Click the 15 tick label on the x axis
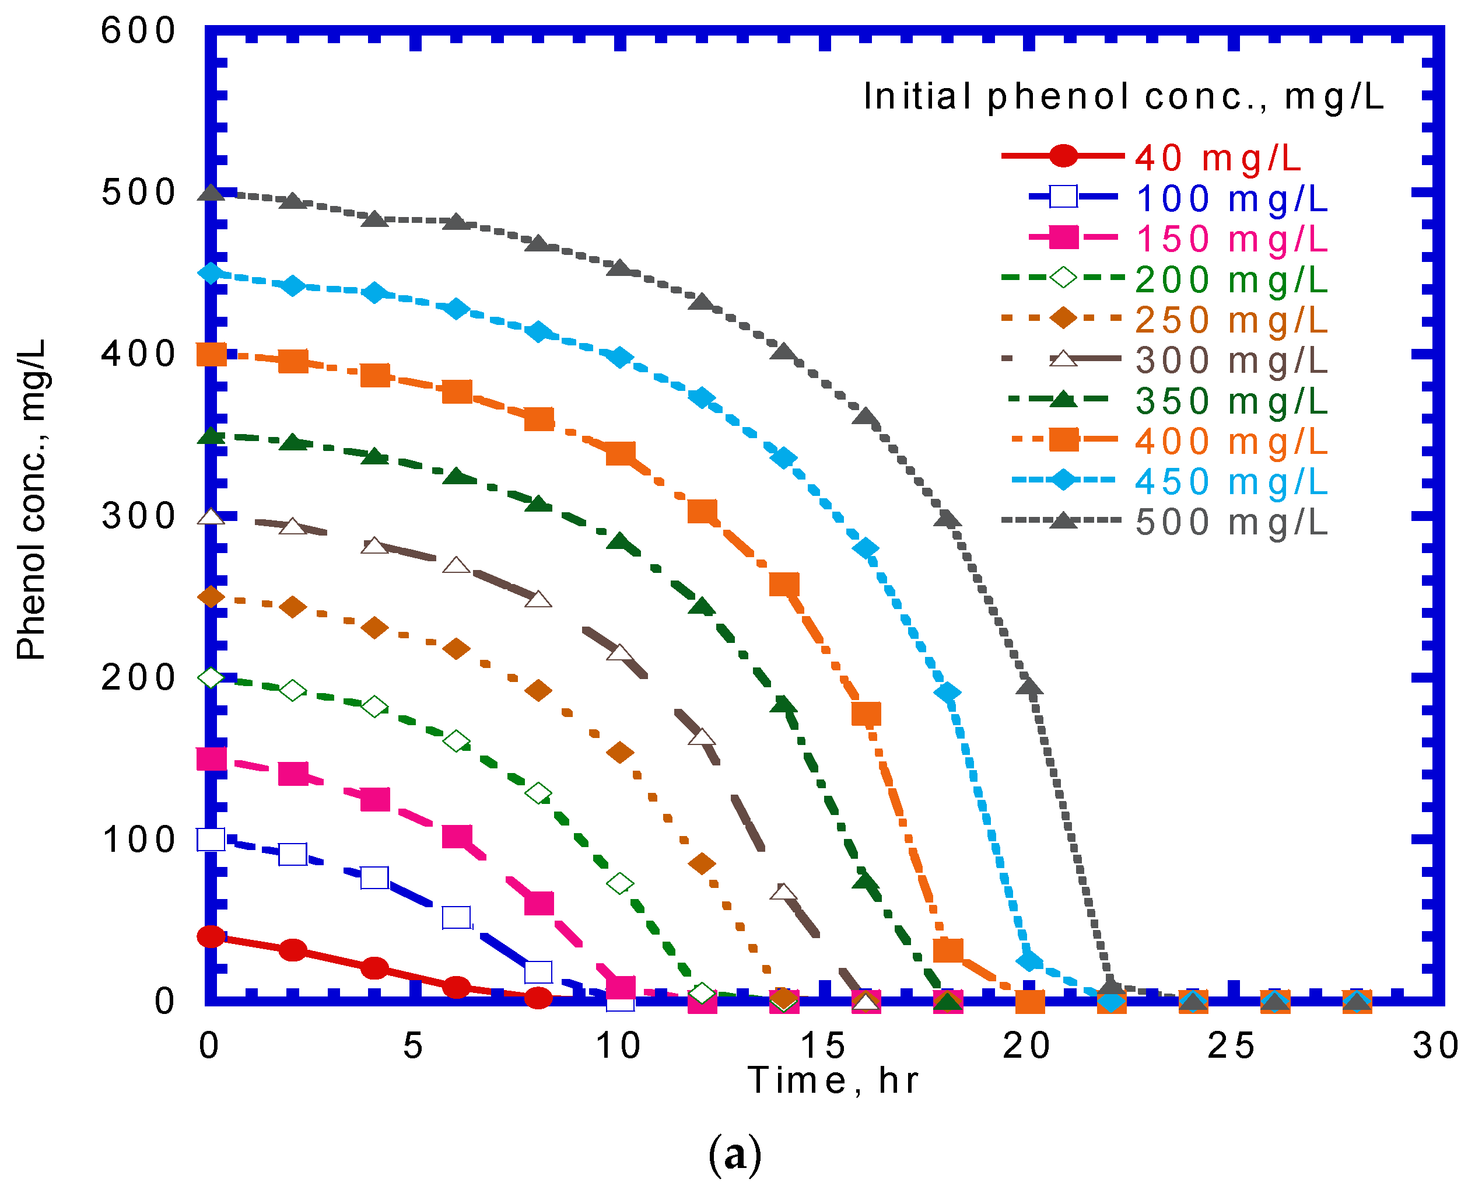tap(824, 1046)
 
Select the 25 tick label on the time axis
tap(1232, 1046)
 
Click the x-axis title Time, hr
tap(834, 1080)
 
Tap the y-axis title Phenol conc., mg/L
tap(31, 499)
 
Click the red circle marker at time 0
tap(211, 936)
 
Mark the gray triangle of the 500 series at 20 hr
tap(1029, 687)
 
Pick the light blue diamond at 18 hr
tap(948, 693)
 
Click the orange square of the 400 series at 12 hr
tap(702, 512)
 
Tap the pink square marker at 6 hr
tap(457, 837)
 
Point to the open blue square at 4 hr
tap(374, 877)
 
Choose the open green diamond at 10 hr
tap(620, 883)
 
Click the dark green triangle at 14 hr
tap(784, 705)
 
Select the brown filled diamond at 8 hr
tap(538, 691)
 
